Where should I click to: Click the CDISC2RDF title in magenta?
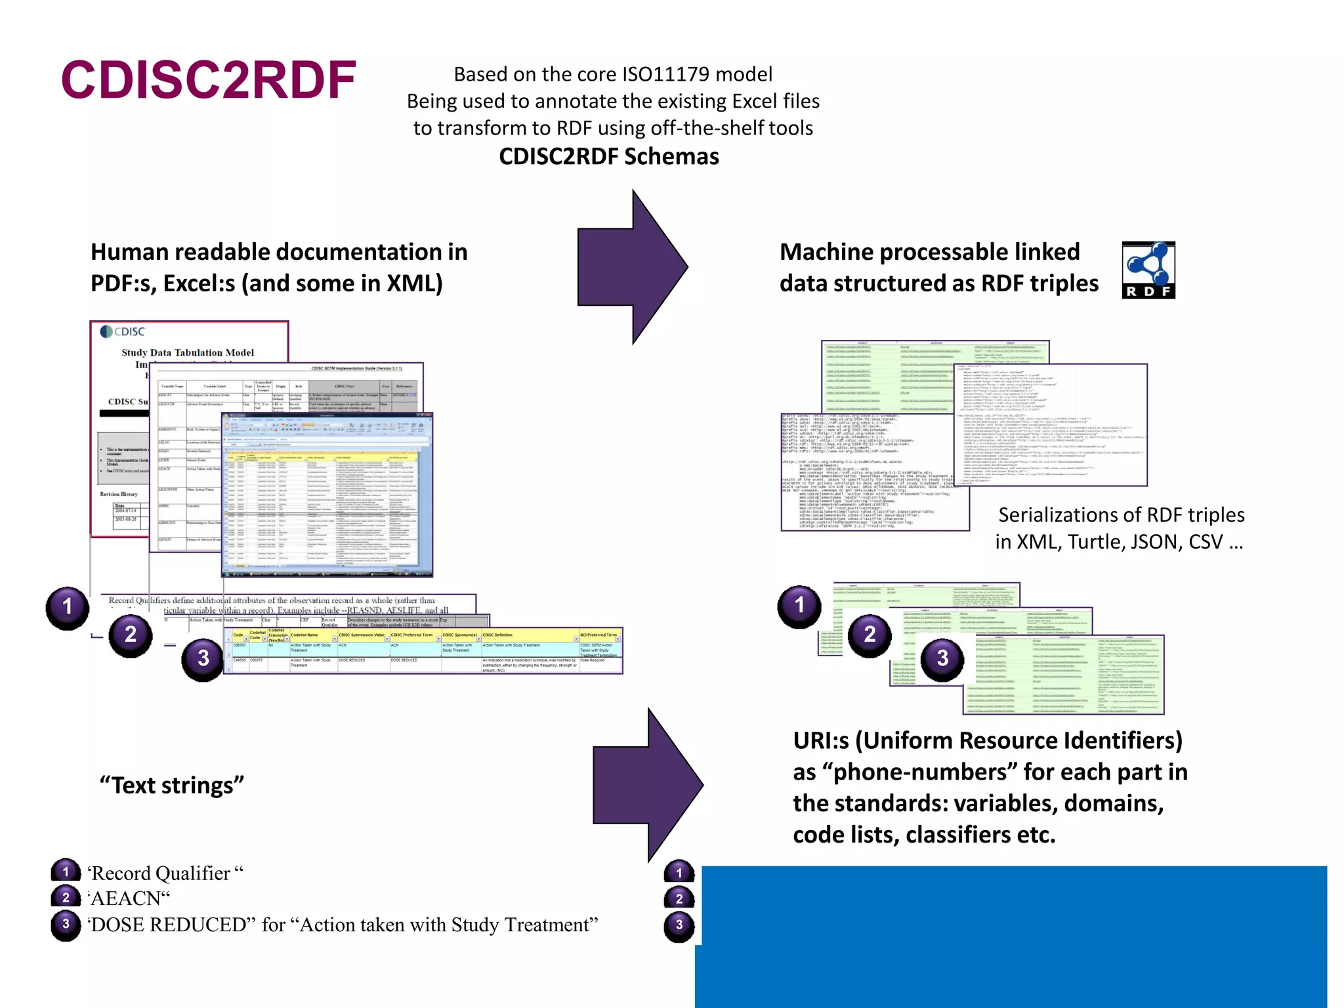coord(209,80)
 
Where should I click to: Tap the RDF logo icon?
coord(1148,270)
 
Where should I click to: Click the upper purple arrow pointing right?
coord(632,267)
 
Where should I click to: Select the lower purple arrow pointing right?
coord(648,785)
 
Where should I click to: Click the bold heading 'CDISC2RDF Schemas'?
coord(608,157)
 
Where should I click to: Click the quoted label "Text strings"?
coord(172,786)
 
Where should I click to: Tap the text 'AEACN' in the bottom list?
coord(130,898)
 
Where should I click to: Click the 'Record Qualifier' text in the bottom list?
coord(161,873)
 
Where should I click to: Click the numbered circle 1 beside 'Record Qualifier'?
coord(66,872)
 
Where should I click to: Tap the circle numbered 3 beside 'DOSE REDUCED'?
coord(66,925)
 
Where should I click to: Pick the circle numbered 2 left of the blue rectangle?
coord(679,899)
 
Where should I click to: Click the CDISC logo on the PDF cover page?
coord(123,331)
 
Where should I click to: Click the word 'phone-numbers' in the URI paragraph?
coord(925,772)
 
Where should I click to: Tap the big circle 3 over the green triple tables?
coord(942,658)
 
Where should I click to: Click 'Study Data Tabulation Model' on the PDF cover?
coord(188,352)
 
